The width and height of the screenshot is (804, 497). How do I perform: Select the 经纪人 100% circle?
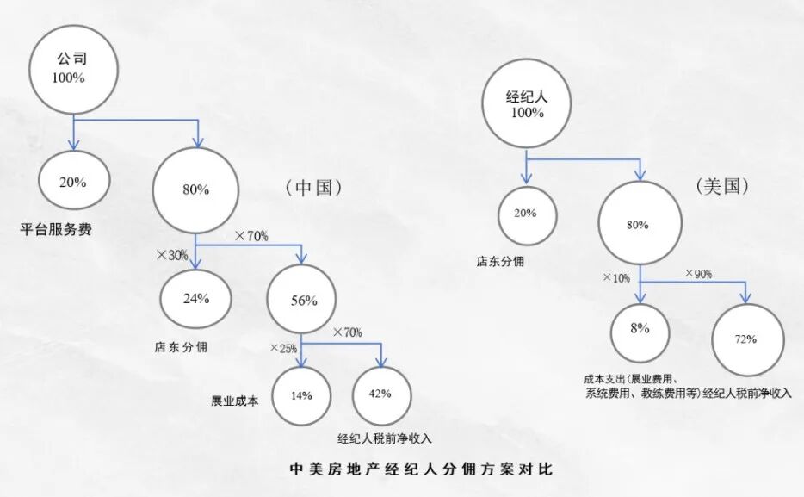click(527, 104)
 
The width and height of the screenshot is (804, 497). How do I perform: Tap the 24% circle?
click(195, 299)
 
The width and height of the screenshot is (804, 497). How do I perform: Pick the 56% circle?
click(304, 301)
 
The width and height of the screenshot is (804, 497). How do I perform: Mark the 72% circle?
click(745, 339)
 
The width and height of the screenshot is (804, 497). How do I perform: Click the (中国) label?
click(312, 188)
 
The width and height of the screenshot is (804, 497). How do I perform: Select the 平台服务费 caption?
click(57, 230)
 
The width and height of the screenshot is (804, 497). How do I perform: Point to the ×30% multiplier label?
click(170, 255)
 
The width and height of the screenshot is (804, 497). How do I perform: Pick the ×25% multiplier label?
click(283, 348)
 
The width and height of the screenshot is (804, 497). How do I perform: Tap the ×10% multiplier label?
click(615, 278)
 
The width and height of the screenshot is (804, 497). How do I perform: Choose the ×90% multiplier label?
click(698, 273)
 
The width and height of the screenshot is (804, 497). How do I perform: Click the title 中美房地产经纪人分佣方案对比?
click(420, 470)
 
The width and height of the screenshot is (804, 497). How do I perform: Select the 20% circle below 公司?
click(72, 183)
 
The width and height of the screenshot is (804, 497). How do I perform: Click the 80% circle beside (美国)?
click(638, 225)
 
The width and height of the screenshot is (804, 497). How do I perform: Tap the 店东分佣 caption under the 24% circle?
click(181, 347)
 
